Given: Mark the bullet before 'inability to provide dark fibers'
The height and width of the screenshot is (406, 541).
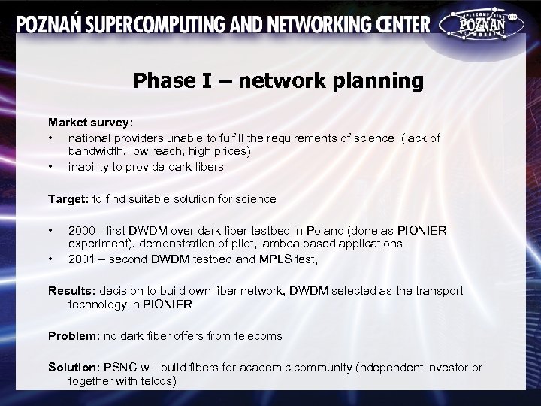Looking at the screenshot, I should click(x=51, y=167).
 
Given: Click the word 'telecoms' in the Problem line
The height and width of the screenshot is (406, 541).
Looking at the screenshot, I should click(x=257, y=336).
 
